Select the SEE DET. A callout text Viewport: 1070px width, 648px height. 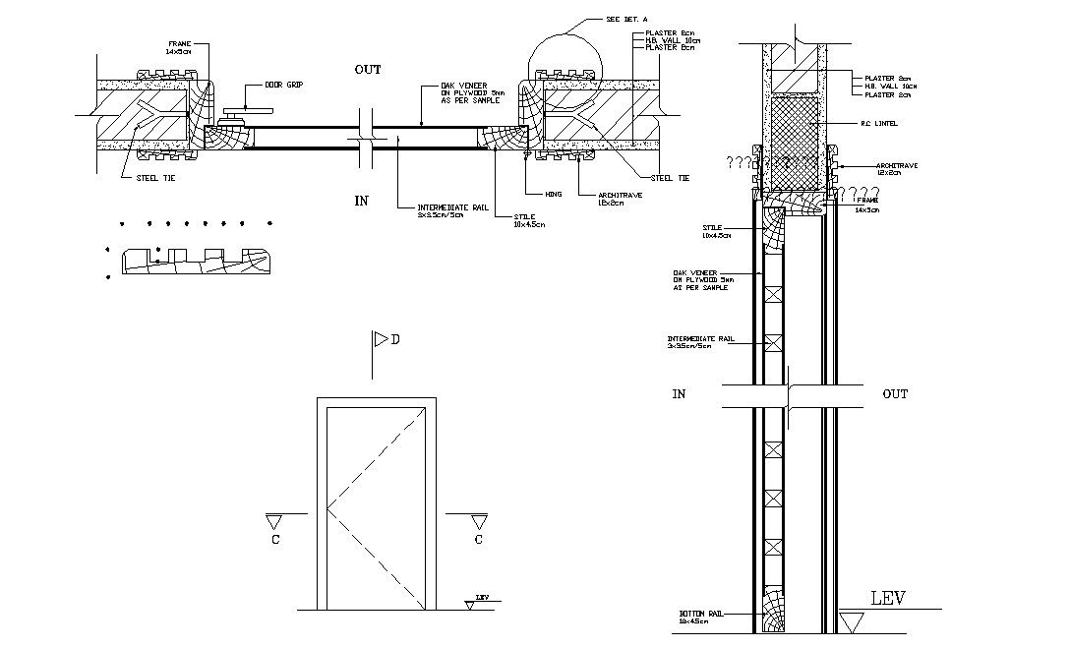pos(602,19)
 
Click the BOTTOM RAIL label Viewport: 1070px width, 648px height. pos(700,617)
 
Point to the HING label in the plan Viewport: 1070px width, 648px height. pos(553,195)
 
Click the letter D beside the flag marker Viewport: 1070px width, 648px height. pos(395,340)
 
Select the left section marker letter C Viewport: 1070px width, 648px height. pos(277,540)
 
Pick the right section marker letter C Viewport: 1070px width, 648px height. pos(479,540)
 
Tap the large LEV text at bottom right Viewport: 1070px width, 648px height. pos(888,599)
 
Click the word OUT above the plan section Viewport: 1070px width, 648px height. pos(368,70)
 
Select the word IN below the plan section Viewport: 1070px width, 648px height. pos(361,202)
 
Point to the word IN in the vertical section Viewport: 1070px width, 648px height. pos(679,394)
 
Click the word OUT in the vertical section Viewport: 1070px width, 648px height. pos(895,394)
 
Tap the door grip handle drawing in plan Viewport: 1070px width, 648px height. pos(234,118)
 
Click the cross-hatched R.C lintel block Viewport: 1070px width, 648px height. pos(795,142)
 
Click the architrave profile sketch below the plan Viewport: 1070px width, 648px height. pos(194,262)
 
